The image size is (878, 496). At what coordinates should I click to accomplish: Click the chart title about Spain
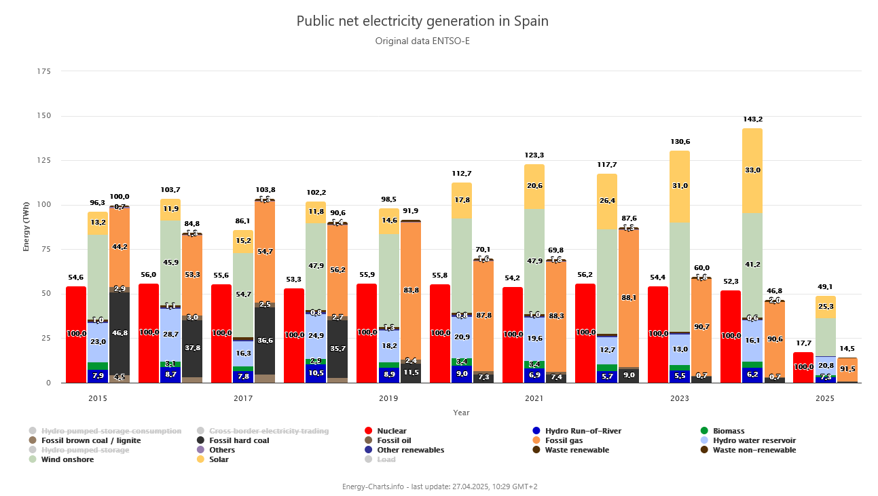(x=422, y=21)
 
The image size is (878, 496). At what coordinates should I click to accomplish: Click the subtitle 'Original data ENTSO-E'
(x=422, y=41)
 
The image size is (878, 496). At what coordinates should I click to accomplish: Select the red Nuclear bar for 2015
(x=76, y=334)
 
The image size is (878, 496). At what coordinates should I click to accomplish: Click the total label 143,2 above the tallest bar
(x=752, y=119)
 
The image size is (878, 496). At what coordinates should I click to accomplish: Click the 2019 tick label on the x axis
(x=388, y=398)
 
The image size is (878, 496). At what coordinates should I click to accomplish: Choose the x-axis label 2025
(x=825, y=398)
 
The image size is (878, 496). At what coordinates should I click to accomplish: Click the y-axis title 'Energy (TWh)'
(x=26, y=227)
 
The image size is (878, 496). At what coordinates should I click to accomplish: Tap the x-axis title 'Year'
(x=461, y=413)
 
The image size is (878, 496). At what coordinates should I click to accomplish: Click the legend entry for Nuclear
(x=392, y=431)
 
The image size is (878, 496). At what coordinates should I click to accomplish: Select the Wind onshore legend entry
(x=67, y=459)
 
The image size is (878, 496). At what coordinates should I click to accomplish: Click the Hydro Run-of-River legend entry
(x=585, y=431)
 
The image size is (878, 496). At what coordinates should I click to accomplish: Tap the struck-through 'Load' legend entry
(x=386, y=459)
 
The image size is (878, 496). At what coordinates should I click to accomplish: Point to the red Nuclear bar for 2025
(x=803, y=367)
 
